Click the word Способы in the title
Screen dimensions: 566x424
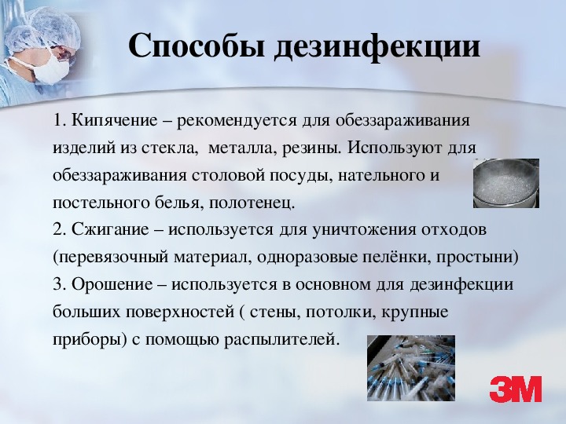[x=197, y=46]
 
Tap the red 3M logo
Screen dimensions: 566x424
[x=516, y=389]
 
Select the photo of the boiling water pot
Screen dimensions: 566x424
[x=506, y=183]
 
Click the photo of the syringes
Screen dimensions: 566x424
[x=411, y=367]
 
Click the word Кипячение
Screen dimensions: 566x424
[x=115, y=120]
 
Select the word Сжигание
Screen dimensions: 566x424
[x=110, y=229]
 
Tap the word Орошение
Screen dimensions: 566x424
[x=112, y=284]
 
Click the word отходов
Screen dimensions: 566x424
[x=454, y=230]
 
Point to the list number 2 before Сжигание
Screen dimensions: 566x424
[x=58, y=229]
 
